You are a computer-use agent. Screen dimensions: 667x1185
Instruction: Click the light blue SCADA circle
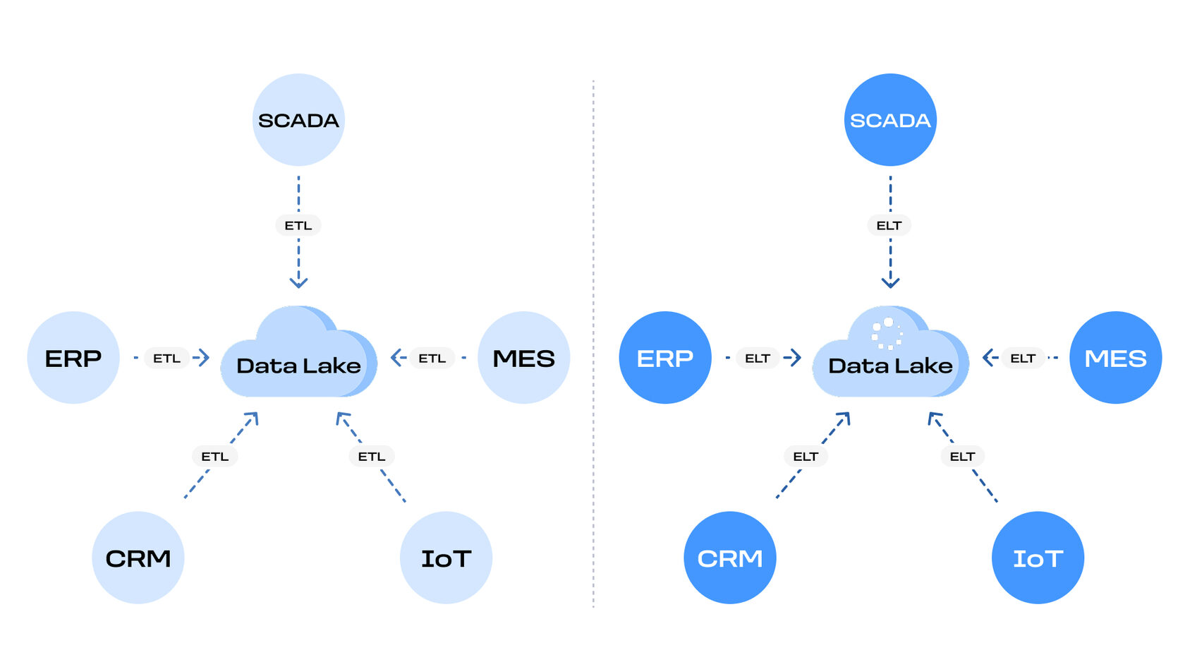click(x=298, y=120)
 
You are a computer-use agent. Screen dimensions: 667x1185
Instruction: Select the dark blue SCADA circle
click(x=890, y=120)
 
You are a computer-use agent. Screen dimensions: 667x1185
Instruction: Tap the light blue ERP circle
click(x=73, y=358)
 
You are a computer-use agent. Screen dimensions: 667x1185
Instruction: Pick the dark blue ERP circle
click(x=665, y=358)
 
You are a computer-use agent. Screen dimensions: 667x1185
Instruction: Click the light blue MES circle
click(x=523, y=358)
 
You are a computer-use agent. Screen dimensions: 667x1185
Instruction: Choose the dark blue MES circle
click(x=1115, y=358)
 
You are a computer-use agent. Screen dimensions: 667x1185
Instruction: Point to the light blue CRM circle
click(x=138, y=558)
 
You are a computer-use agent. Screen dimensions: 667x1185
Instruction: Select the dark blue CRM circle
click(x=730, y=558)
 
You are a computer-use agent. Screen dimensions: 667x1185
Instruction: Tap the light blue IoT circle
click(x=446, y=558)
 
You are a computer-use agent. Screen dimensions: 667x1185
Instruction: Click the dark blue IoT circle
click(x=1038, y=558)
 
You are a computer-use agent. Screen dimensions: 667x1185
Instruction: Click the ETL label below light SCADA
click(x=298, y=226)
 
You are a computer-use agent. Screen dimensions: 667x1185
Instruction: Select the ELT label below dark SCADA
click(x=889, y=226)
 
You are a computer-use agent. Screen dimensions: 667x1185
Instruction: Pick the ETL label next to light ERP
click(x=167, y=359)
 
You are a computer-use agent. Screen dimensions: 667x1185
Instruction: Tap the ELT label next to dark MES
click(x=1023, y=359)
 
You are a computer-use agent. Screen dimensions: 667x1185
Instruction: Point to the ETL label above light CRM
click(x=215, y=457)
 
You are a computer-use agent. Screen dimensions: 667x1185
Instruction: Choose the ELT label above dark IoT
click(x=962, y=457)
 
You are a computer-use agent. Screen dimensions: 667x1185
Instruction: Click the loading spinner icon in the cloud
click(x=887, y=333)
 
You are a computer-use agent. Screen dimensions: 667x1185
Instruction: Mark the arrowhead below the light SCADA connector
click(x=298, y=283)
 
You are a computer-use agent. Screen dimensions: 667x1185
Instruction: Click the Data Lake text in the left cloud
click(x=298, y=366)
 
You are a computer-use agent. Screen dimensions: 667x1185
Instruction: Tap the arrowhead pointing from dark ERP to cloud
click(x=795, y=358)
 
